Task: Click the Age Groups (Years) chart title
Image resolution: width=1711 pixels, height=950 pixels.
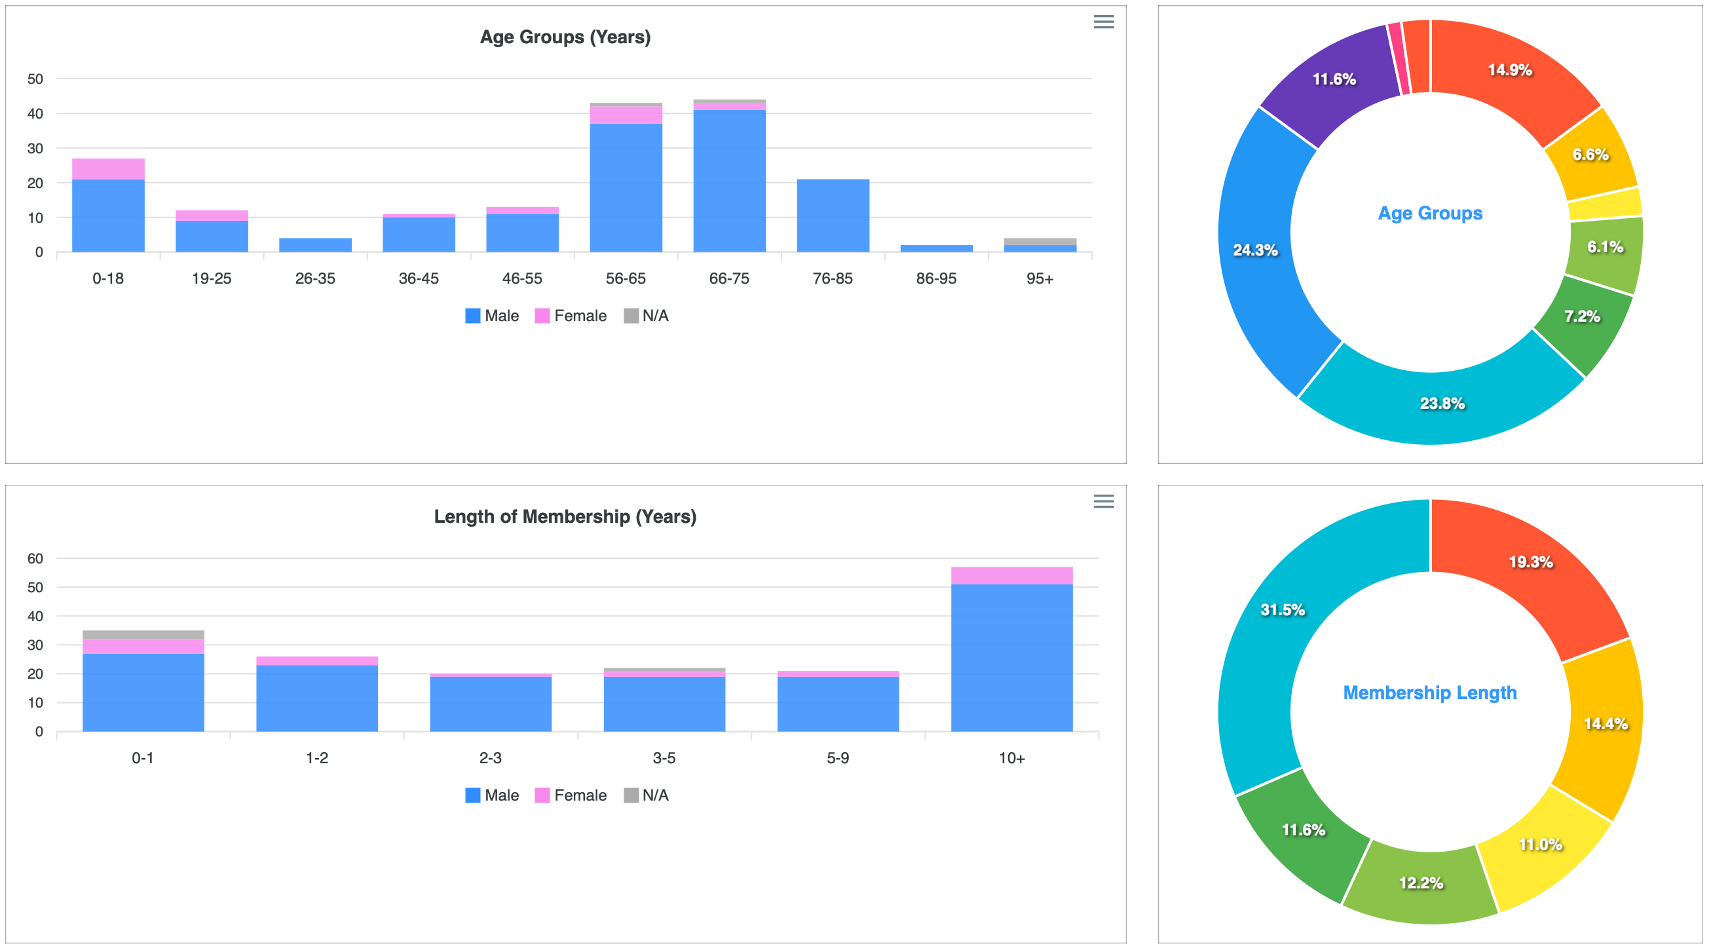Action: [565, 37]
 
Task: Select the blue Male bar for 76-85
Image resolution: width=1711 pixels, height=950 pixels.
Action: [833, 216]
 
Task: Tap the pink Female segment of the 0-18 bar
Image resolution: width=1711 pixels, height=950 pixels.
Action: [108, 169]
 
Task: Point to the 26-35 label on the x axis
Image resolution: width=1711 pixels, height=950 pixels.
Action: [315, 278]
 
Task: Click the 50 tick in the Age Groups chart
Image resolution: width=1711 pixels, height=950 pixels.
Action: [35, 79]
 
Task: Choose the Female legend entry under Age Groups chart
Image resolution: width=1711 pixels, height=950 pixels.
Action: [571, 316]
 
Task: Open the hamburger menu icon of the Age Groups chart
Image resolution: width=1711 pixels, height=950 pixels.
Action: [1103, 22]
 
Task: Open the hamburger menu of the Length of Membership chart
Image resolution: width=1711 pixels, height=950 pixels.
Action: [1103, 502]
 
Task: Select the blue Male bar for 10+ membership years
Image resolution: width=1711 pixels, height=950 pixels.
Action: [1011, 658]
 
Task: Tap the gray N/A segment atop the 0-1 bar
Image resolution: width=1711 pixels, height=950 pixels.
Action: [143, 634]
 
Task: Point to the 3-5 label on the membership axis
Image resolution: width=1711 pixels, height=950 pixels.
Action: [664, 758]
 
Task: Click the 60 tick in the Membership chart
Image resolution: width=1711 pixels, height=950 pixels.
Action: [35, 559]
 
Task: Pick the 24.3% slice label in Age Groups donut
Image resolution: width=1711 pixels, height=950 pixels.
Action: [1254, 250]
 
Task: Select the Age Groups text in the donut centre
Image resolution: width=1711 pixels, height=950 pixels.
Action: [1430, 213]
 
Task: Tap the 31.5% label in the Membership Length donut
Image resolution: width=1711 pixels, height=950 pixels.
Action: [1283, 610]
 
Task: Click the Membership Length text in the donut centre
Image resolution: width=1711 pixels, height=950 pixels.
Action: [1430, 693]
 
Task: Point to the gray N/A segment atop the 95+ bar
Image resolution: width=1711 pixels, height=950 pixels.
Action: [1040, 241]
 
